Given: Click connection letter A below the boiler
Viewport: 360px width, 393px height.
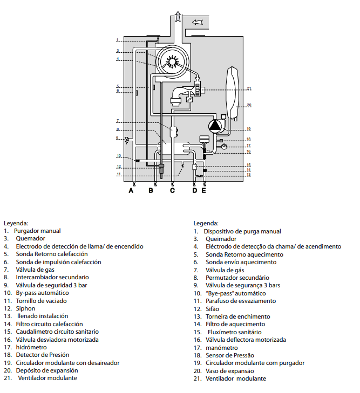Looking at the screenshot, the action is pos(131,190).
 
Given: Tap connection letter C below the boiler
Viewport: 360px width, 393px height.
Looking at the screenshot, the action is pos(172,190).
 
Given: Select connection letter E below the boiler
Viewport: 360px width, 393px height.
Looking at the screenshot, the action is pos(203,190).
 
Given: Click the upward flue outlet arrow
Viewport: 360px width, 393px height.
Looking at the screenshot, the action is pos(178,17).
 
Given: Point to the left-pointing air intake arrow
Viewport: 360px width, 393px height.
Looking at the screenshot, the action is pos(198,22).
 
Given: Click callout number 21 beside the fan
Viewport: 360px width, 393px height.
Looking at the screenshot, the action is pos(249,88).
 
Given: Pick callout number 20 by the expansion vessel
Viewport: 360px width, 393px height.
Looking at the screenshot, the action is pos(249,105).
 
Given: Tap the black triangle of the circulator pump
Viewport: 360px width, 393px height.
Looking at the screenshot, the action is pos(214,126).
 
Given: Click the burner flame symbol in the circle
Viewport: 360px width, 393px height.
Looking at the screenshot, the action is pos(172,61).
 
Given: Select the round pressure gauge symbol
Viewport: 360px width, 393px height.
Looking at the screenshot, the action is pos(224,147).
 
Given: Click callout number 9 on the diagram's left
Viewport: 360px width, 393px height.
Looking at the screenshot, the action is pos(117,138).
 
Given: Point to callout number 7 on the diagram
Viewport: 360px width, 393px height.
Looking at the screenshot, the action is pos(118,121).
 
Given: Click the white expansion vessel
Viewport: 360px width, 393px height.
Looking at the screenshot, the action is pos(233,92).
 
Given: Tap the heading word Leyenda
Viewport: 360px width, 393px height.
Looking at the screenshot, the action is pos(16,223).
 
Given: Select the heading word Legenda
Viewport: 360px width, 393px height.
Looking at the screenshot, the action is pos(206,223).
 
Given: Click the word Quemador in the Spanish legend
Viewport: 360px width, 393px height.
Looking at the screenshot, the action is pos(31,238).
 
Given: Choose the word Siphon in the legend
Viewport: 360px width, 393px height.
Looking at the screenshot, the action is pos(25,308).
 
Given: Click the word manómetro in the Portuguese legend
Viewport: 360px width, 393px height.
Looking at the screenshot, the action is pos(222,348).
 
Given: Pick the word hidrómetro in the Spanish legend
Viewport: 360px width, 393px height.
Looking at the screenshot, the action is pos(31,347).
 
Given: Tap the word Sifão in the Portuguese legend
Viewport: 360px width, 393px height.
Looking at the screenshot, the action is pos(213,309).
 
